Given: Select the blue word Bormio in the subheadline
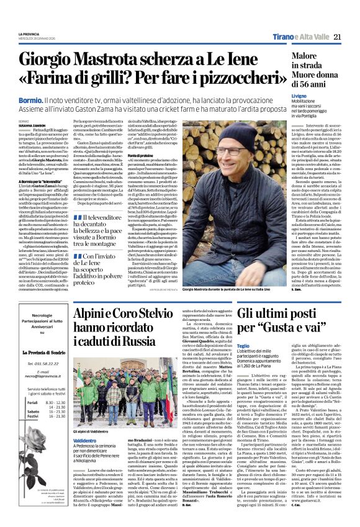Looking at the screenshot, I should (x=31, y=100).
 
